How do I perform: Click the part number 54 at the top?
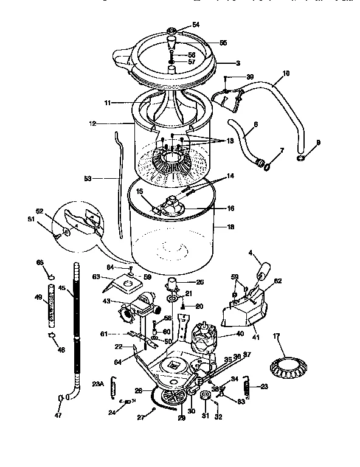click(x=196, y=24)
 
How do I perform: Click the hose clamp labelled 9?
click(x=301, y=159)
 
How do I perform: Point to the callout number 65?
click(x=40, y=262)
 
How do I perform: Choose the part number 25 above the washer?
click(x=199, y=282)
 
